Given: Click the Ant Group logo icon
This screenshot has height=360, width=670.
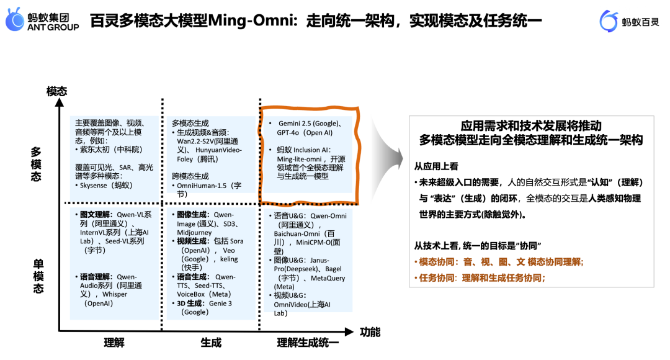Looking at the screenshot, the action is (x=16, y=21).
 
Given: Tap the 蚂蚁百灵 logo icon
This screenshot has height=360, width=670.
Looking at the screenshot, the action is (x=610, y=21).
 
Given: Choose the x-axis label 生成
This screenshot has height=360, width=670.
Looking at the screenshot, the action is (x=211, y=342).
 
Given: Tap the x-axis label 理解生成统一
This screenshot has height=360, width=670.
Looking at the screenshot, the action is (x=308, y=342).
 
